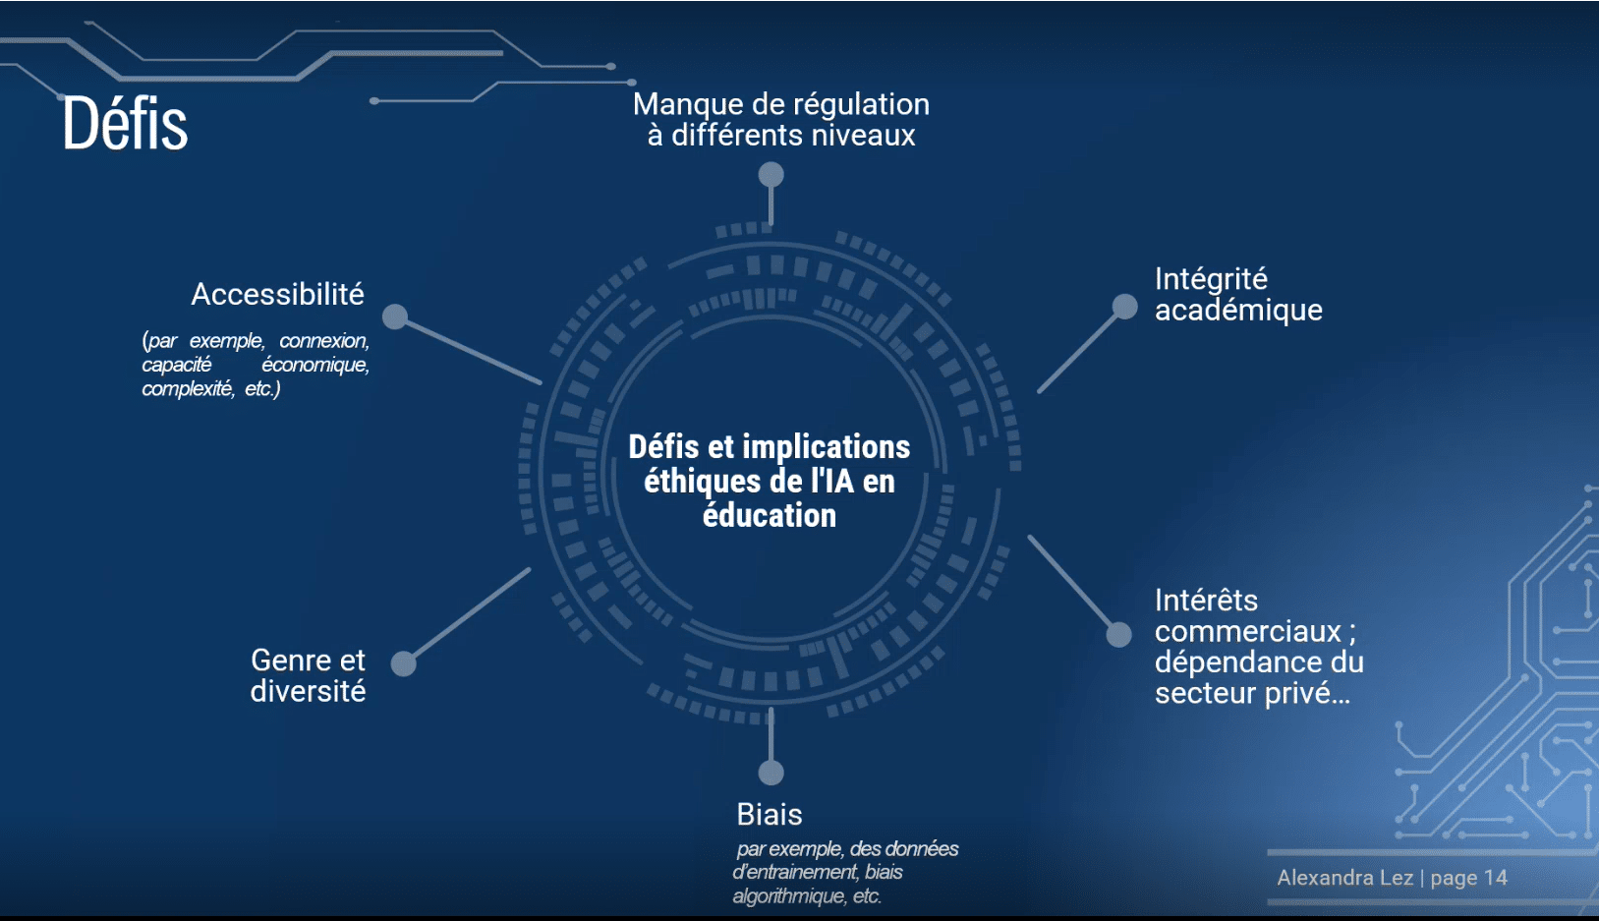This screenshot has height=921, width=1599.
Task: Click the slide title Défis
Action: point(125,124)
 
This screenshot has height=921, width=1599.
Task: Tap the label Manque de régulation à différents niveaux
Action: point(780,119)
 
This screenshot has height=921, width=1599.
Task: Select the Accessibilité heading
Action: point(277,294)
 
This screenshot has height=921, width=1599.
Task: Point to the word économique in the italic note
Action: point(314,365)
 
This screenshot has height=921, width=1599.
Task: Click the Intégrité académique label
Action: point(1237,294)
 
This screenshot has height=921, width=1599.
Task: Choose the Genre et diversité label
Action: point(308,675)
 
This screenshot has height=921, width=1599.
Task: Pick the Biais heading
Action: point(770,814)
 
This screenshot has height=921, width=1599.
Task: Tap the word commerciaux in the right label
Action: point(1247,631)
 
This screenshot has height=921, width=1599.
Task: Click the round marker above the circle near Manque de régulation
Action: point(771,175)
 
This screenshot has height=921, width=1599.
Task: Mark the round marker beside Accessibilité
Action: point(395,317)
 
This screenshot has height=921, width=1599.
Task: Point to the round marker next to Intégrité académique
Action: point(1124,307)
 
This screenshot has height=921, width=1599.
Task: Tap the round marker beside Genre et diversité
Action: point(403,663)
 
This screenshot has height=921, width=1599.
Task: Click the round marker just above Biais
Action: point(771,773)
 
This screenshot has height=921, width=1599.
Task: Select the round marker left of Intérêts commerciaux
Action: point(1119,635)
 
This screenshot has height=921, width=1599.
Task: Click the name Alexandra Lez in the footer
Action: point(1344,878)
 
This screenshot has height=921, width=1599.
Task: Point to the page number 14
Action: point(1495,878)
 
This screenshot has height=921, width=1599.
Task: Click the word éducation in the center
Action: point(769,515)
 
